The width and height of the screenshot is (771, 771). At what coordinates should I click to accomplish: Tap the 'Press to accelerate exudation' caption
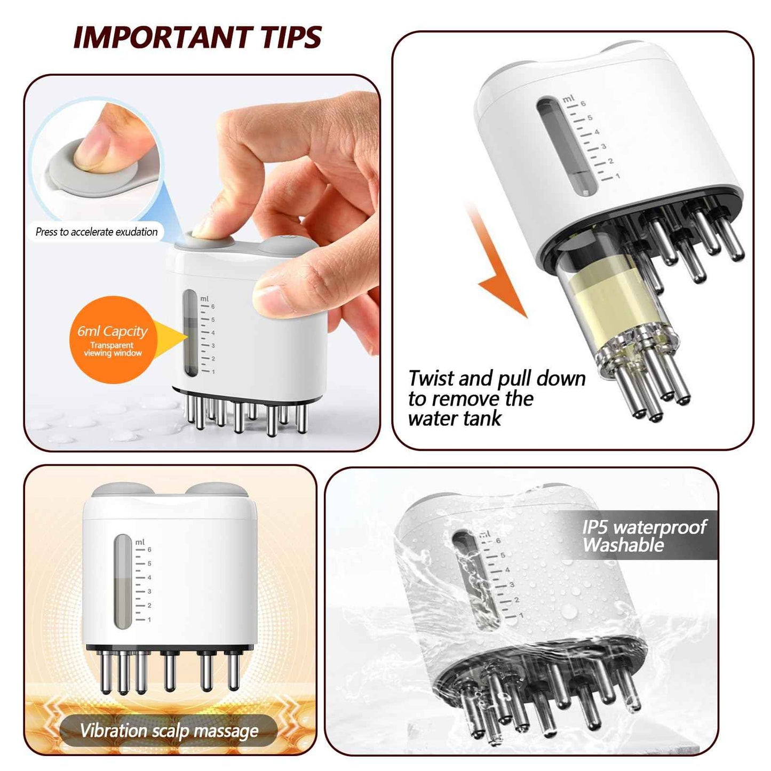(x=97, y=232)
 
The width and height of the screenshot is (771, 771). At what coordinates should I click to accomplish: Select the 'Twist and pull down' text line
(x=497, y=379)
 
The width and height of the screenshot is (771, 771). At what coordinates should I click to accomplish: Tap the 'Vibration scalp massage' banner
(x=169, y=730)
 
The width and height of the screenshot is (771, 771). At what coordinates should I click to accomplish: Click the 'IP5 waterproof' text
(x=644, y=528)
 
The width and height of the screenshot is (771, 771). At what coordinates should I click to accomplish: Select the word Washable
(x=623, y=545)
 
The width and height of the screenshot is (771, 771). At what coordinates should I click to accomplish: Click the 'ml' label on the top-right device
(x=568, y=99)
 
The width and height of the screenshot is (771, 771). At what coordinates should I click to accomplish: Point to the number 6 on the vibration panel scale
(x=149, y=550)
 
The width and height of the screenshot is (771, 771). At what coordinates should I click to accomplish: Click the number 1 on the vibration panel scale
(x=149, y=619)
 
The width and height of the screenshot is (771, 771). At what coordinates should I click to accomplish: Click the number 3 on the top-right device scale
(x=603, y=146)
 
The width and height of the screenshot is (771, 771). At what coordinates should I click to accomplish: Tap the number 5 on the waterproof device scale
(x=502, y=555)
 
